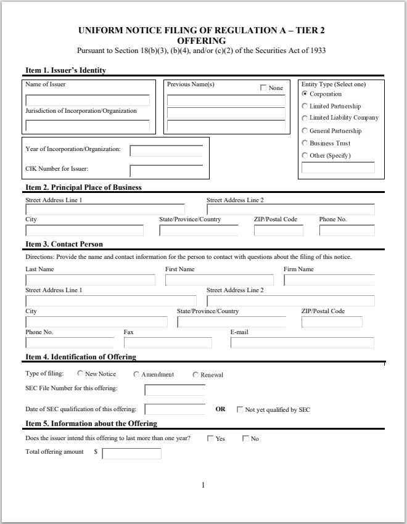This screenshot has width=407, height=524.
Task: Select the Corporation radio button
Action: coord(305,94)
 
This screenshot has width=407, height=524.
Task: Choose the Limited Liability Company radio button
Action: coord(305,118)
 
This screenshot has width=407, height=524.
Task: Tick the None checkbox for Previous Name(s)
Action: coord(264,88)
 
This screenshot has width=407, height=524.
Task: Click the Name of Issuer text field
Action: coord(88,100)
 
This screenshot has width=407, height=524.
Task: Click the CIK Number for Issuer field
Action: coord(166,171)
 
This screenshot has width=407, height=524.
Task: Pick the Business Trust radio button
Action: coord(305,143)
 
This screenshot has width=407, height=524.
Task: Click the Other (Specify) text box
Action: coord(338,168)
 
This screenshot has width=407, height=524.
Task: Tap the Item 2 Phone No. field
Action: coord(347,231)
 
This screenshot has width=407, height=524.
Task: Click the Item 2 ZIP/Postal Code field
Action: coord(278,231)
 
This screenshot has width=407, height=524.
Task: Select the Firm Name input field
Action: coord(329,280)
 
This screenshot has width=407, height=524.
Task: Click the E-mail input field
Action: coord(302,343)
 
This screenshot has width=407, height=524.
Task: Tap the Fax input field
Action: coord(168,343)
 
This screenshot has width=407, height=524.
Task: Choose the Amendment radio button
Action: coord(136,374)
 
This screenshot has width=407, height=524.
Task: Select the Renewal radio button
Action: coord(195,375)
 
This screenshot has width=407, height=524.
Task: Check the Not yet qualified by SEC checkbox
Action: coord(240,409)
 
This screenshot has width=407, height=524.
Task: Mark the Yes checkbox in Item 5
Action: coord(210,439)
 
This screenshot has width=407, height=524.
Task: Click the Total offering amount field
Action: coord(131,454)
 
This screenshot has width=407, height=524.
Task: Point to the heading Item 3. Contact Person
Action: coord(64,244)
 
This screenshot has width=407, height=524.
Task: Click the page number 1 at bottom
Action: coord(203,486)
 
